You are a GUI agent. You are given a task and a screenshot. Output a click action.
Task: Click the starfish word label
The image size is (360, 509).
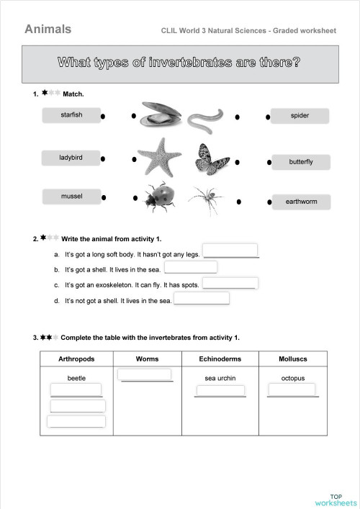(x=71, y=115)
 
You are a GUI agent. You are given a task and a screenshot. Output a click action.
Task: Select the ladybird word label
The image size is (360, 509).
(x=71, y=158)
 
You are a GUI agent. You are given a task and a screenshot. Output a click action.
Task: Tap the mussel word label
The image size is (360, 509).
(x=71, y=197)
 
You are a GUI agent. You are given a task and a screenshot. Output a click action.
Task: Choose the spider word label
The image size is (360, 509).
(x=300, y=116)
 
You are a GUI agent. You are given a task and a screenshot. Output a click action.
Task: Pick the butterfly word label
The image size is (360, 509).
(x=301, y=162)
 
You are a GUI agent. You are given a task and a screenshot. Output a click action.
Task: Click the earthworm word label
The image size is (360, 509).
(x=301, y=202)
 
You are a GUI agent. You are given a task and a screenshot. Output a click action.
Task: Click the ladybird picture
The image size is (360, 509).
(x=159, y=196)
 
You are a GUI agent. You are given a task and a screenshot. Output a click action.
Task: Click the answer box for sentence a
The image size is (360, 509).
(x=230, y=251)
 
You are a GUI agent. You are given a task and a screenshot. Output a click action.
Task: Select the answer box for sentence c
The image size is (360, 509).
(x=230, y=283)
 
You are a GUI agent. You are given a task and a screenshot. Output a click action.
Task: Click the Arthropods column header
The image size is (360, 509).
(x=76, y=359)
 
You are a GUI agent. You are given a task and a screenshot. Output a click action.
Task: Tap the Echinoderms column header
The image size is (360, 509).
(x=220, y=359)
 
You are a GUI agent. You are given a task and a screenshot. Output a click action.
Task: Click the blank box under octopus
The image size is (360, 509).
(x=292, y=389)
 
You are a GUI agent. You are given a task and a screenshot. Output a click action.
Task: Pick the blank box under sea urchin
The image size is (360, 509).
(x=220, y=389)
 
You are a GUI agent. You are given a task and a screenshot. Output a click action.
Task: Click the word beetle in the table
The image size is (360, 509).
(x=76, y=378)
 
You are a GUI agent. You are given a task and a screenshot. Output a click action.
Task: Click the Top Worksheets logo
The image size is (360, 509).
(x=336, y=499)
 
